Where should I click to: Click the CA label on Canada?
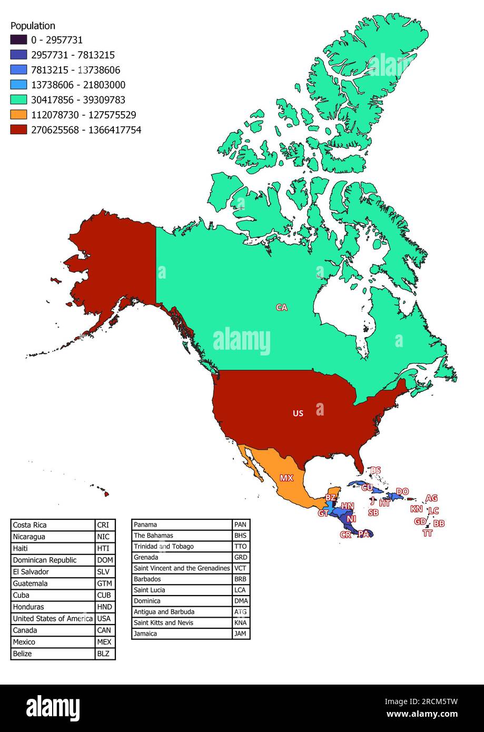(282, 308)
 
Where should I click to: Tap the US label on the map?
(298, 413)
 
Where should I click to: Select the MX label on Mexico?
(287, 478)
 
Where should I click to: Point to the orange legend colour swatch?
(18, 115)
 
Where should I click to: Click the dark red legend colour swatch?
(18, 130)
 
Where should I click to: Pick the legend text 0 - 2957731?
(57, 40)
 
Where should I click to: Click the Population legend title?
(33, 26)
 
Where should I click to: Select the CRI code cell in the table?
(104, 525)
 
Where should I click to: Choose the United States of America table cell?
(53, 619)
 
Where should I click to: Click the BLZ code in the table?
(104, 654)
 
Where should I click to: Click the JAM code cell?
(241, 634)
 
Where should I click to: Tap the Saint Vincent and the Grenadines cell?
(182, 568)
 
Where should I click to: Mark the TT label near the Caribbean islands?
(427, 533)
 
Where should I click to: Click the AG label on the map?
(431, 498)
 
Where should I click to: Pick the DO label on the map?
(402, 492)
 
